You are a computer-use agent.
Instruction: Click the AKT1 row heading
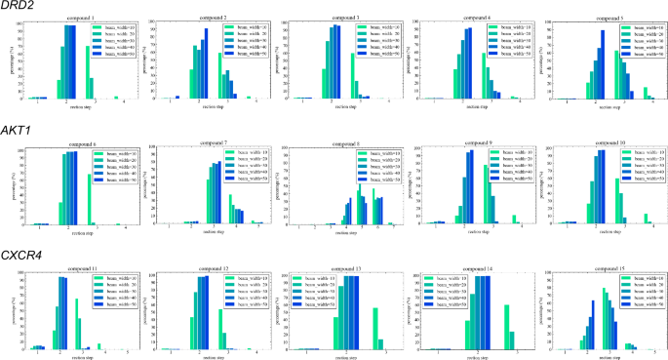17,130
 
